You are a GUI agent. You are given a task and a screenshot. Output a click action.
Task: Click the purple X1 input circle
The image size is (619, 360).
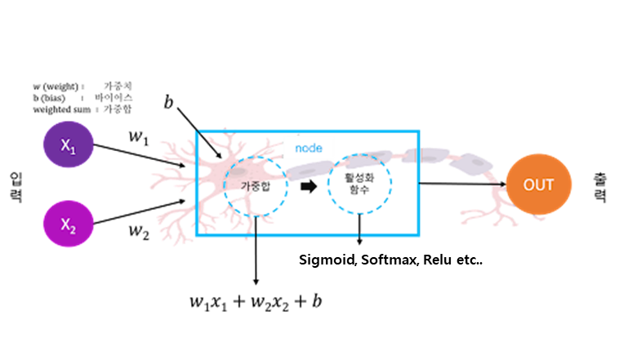pyautogui.click(x=69, y=144)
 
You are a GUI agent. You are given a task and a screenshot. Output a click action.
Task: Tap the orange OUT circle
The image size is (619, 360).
pyautogui.click(x=539, y=184)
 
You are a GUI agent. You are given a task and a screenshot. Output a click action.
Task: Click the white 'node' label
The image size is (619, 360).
pyautogui.click(x=309, y=149)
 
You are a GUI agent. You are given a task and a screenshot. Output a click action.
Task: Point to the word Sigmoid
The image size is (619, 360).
pyautogui.click(x=323, y=260)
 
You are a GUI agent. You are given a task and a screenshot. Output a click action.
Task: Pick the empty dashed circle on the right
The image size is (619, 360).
pyautogui.click(x=359, y=184)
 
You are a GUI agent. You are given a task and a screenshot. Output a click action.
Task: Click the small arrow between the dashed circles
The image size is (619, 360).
pyautogui.click(x=308, y=187)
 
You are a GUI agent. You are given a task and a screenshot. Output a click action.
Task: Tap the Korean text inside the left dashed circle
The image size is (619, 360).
pyautogui.click(x=250, y=187)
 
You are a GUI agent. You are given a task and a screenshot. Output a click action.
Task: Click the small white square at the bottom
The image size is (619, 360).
pyautogui.click(x=334, y=298)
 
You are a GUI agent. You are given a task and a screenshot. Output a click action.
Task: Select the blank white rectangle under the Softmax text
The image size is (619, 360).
pyautogui.click(x=350, y=281)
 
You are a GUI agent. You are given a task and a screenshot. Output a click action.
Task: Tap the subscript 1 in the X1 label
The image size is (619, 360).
pyautogui.click(x=73, y=149)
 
